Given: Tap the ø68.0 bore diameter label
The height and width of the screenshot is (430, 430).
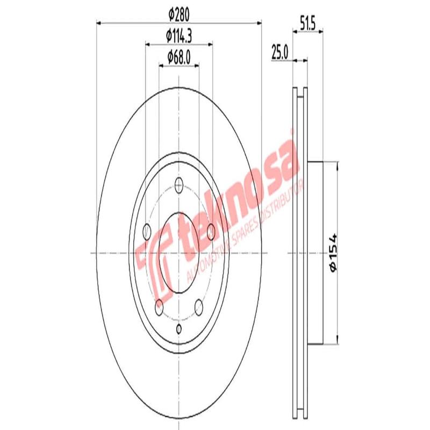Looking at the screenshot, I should pyautogui.click(x=179, y=55).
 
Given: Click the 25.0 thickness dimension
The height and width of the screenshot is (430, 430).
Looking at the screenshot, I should pyautogui.click(x=280, y=52).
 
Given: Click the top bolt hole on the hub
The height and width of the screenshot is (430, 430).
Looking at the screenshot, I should pyautogui.click(x=179, y=187).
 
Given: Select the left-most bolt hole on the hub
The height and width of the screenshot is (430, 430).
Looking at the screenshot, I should pyautogui.click(x=147, y=232).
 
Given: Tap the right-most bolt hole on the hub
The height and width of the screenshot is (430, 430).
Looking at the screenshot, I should pyautogui.click(x=211, y=232).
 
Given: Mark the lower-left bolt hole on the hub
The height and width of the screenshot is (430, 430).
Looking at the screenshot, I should pyautogui.click(x=159, y=307).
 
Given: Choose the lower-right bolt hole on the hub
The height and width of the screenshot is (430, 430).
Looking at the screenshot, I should pyautogui.click(x=199, y=307).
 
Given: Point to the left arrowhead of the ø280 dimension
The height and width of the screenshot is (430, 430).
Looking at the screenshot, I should pyautogui.click(x=99, y=23).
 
